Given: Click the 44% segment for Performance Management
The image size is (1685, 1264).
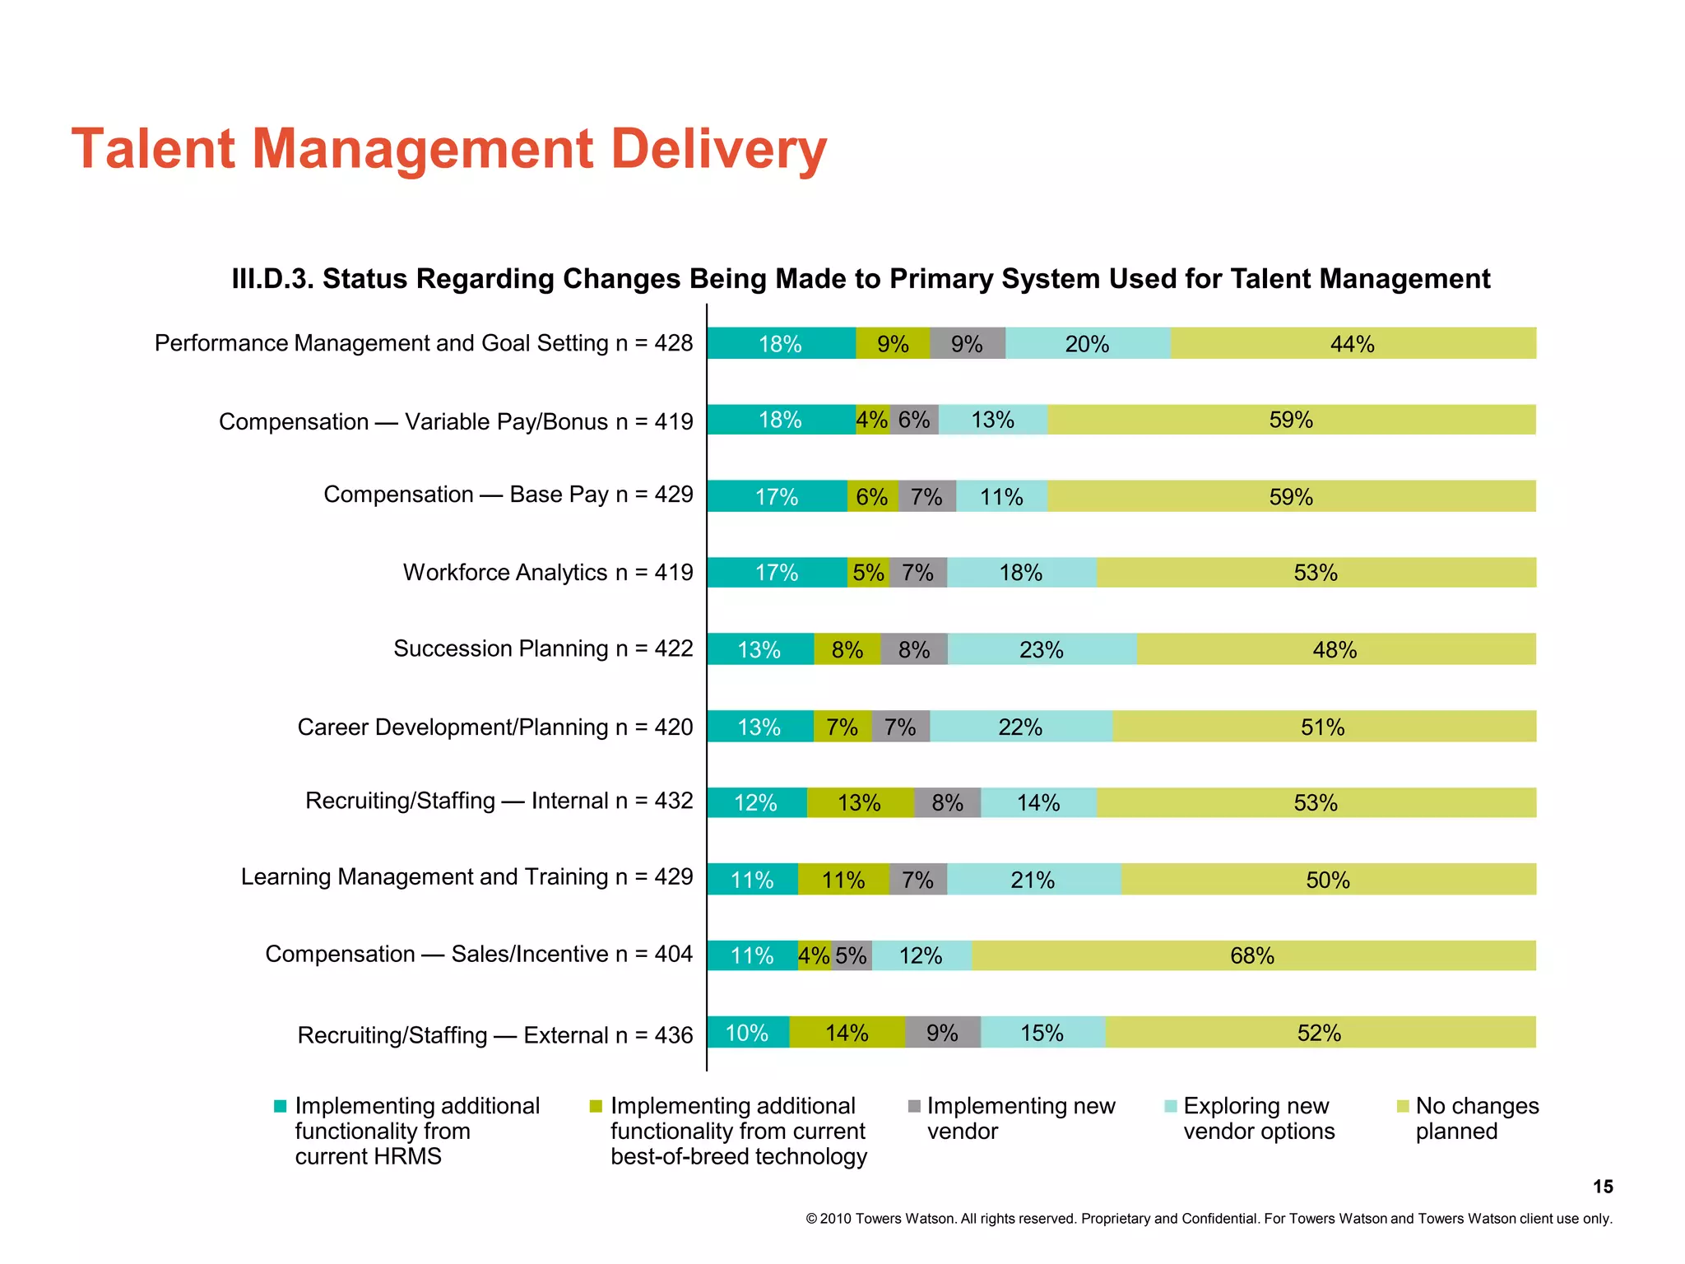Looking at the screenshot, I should (1353, 343).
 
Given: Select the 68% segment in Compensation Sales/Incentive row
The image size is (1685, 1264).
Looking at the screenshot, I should (1252, 955).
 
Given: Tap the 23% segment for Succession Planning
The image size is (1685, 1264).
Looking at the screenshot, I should (1042, 649).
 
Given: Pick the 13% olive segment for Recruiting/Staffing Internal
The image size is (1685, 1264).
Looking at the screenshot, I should (860, 802).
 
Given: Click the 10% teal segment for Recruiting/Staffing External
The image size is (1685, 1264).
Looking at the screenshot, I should (747, 1033).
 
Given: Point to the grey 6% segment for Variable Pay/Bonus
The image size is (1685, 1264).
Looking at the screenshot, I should (914, 420).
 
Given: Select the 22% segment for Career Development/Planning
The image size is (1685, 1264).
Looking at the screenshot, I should (1020, 727).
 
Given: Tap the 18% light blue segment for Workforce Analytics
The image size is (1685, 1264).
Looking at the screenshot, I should (1021, 573).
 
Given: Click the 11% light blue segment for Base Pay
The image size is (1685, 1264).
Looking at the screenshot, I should (1001, 496).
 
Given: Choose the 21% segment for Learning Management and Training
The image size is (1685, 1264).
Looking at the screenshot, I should (1033, 880).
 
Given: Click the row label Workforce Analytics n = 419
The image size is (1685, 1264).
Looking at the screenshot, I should (548, 572).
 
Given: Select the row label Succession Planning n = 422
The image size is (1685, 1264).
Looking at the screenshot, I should (543, 648).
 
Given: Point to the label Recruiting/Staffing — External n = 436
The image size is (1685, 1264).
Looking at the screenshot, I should (495, 1034).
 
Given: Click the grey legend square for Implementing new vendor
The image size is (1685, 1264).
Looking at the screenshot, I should (914, 1106).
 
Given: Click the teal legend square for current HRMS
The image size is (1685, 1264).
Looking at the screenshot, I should (281, 1106).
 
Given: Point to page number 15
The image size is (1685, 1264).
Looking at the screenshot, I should (1602, 1187).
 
